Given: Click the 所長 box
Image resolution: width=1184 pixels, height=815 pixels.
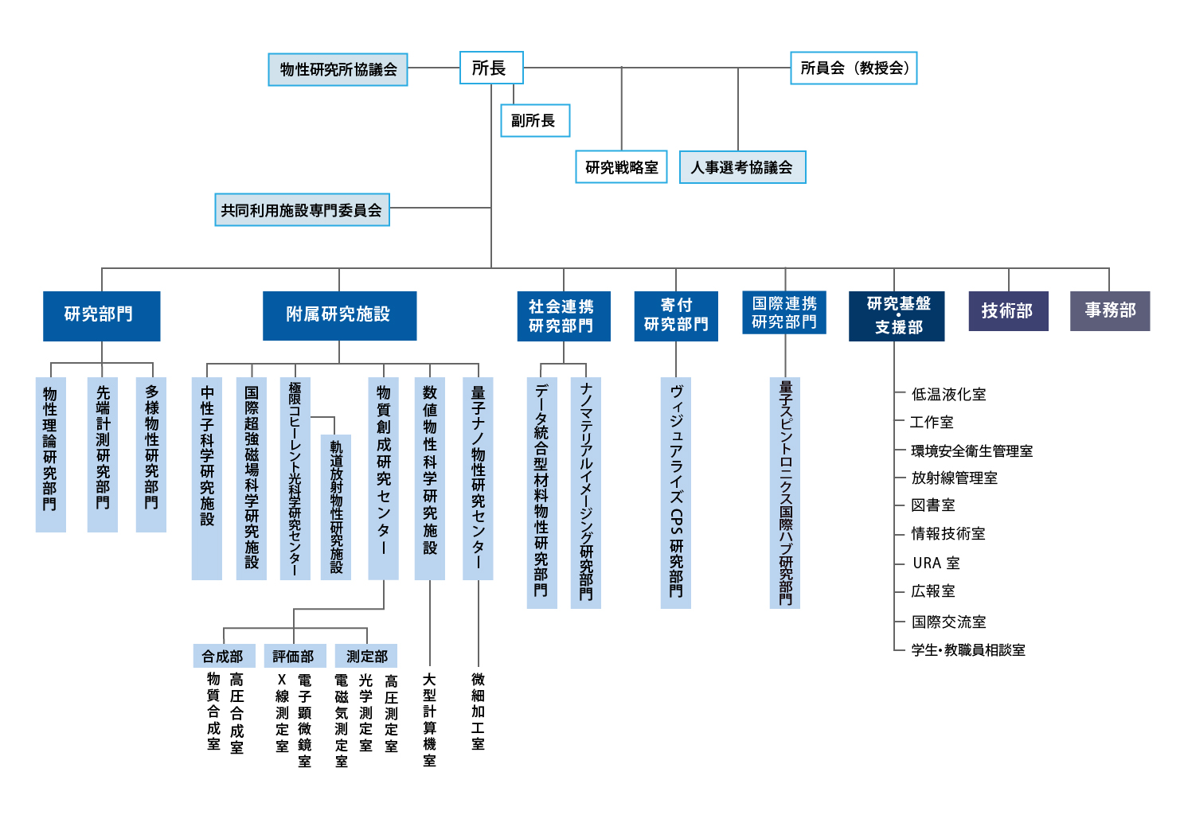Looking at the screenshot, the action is pyautogui.click(x=491, y=68).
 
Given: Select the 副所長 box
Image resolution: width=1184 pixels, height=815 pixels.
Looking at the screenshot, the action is pyautogui.click(x=535, y=120).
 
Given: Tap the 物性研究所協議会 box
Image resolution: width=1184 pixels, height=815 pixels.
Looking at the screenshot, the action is pyautogui.click(x=338, y=69).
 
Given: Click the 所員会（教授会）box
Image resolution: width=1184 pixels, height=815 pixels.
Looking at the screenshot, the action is pyautogui.click(x=854, y=68).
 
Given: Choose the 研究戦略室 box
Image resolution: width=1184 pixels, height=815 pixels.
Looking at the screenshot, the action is pyautogui.click(x=621, y=167).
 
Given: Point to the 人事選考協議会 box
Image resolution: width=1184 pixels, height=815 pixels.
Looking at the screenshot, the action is pyautogui.click(x=742, y=167).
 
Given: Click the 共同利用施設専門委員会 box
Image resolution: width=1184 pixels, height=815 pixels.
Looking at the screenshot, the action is pyautogui.click(x=302, y=209).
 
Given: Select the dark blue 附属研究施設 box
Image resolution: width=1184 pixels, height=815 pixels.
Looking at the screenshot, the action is pyautogui.click(x=339, y=316).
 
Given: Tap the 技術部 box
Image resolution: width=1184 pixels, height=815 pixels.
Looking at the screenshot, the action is pyautogui.click(x=1008, y=311).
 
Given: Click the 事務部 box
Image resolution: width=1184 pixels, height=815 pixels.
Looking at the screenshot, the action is pyautogui.click(x=1109, y=311).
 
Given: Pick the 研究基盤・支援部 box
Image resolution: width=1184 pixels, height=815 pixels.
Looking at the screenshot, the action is pyautogui.click(x=897, y=316).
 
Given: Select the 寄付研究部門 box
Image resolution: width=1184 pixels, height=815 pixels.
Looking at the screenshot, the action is pyautogui.click(x=676, y=316).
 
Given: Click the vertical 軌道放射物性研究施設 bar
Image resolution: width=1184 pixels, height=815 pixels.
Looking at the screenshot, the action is pyautogui.click(x=336, y=507).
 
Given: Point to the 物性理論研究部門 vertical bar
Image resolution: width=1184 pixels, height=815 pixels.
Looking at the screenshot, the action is pyautogui.click(x=51, y=454).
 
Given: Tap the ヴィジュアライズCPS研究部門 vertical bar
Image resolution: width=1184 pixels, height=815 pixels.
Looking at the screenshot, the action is pyautogui.click(x=675, y=493).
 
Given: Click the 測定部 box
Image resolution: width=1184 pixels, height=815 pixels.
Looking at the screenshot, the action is pyautogui.click(x=366, y=656).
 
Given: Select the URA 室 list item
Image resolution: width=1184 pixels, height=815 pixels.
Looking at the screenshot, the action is pyautogui.click(x=936, y=563).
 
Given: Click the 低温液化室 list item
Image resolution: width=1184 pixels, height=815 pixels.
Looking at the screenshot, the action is pyautogui.click(x=948, y=394).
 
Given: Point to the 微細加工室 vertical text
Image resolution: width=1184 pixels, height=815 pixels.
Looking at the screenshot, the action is pyautogui.click(x=478, y=711).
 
